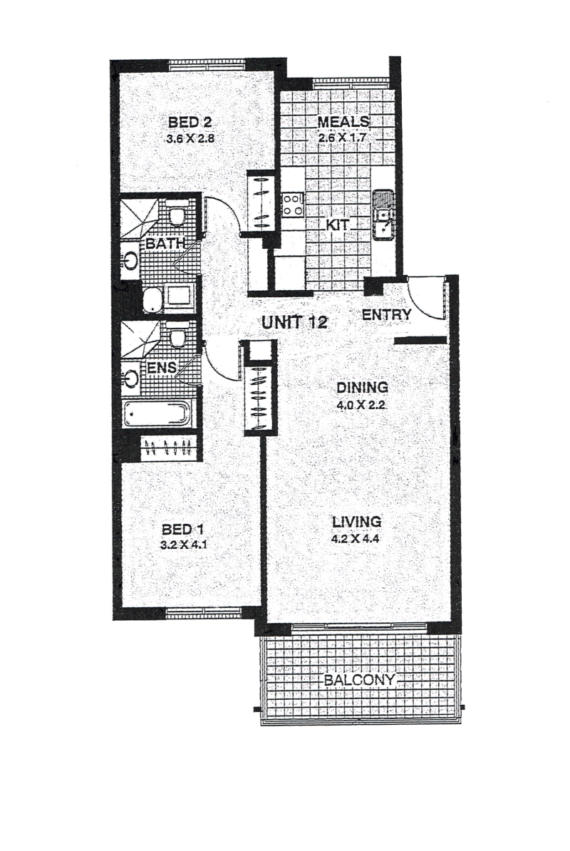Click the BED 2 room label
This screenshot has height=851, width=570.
pyautogui.click(x=190, y=122)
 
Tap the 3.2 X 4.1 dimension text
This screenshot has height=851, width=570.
pyautogui.click(x=183, y=545)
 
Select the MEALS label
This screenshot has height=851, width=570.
pyautogui.click(x=343, y=122)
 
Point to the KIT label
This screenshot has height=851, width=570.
pyautogui.click(x=337, y=224)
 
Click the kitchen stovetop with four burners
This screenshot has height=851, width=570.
pyautogui.click(x=293, y=205)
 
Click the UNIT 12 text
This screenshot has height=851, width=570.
pyautogui.click(x=294, y=322)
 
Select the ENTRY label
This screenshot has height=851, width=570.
pyautogui.click(x=387, y=314)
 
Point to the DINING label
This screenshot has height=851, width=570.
pyautogui.click(x=362, y=388)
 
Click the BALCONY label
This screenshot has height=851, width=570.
pyautogui.click(x=360, y=681)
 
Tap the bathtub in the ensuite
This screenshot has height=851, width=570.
pyautogui.click(x=155, y=414)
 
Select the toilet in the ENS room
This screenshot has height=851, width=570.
pyautogui.click(x=177, y=336)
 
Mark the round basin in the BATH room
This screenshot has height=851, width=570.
pyautogui.click(x=130, y=261)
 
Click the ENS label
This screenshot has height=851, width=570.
pyautogui.click(x=162, y=368)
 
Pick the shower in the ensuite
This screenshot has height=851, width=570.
pyautogui.click(x=140, y=339)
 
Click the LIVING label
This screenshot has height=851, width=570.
pyautogui.click(x=356, y=522)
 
